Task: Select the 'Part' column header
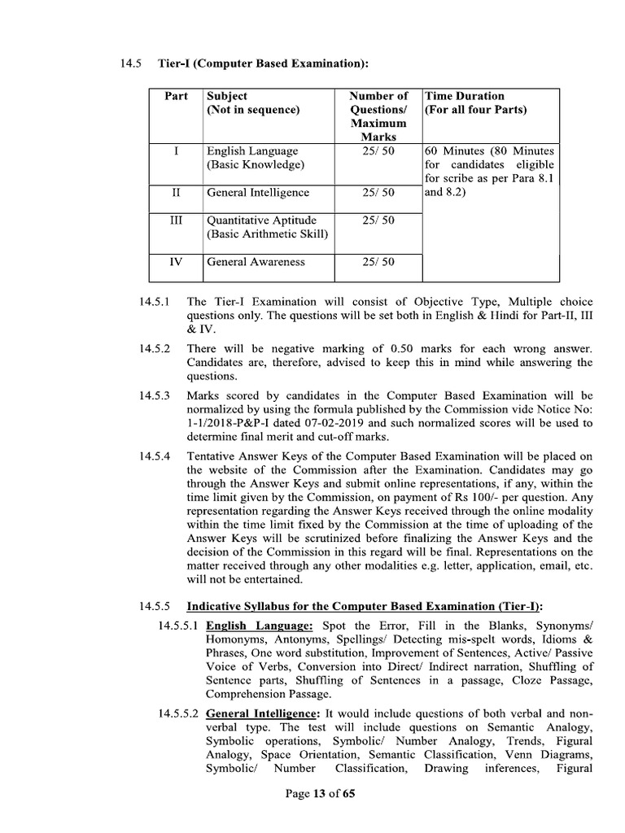click(177, 96)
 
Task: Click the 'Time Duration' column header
click(464, 96)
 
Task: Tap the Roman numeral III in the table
click(177, 220)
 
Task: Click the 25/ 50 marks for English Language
click(378, 151)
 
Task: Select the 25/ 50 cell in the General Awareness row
click(378, 262)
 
